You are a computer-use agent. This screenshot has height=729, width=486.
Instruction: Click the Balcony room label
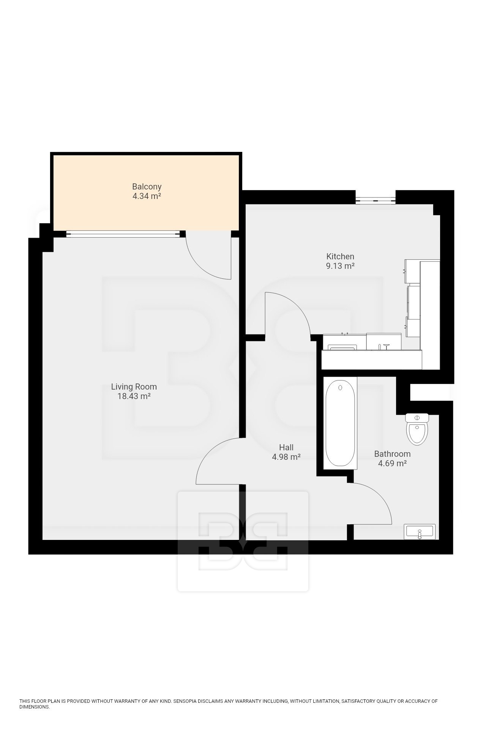(147, 187)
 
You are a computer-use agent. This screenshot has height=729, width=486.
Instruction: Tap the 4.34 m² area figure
(147, 196)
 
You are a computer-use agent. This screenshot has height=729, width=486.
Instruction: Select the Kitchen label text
(340, 256)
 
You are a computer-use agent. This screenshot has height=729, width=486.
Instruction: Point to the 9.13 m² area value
(340, 266)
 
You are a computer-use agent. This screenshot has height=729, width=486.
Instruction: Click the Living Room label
(134, 387)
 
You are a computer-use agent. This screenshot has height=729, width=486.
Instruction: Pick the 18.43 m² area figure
(134, 396)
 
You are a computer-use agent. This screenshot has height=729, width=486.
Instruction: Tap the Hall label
(286, 448)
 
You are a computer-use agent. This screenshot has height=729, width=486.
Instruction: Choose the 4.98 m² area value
(286, 457)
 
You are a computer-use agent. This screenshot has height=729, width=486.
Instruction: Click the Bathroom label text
(392, 454)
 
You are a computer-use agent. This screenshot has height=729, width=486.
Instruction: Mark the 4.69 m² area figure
(392, 463)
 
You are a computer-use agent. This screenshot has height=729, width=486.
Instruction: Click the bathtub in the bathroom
(341, 423)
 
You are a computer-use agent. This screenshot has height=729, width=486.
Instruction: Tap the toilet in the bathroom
(417, 429)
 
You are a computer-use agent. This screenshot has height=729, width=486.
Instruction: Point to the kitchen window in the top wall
(376, 199)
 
